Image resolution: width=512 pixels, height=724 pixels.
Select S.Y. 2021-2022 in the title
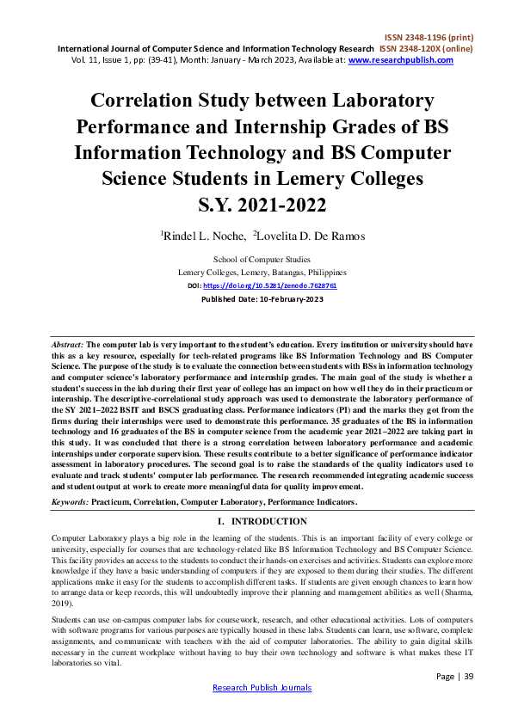[x=256, y=206]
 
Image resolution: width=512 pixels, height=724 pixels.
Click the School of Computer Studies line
[x=262, y=259]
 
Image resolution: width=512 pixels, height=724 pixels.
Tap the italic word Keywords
[x=69, y=500]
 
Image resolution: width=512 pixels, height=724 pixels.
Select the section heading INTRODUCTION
[x=269, y=521]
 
